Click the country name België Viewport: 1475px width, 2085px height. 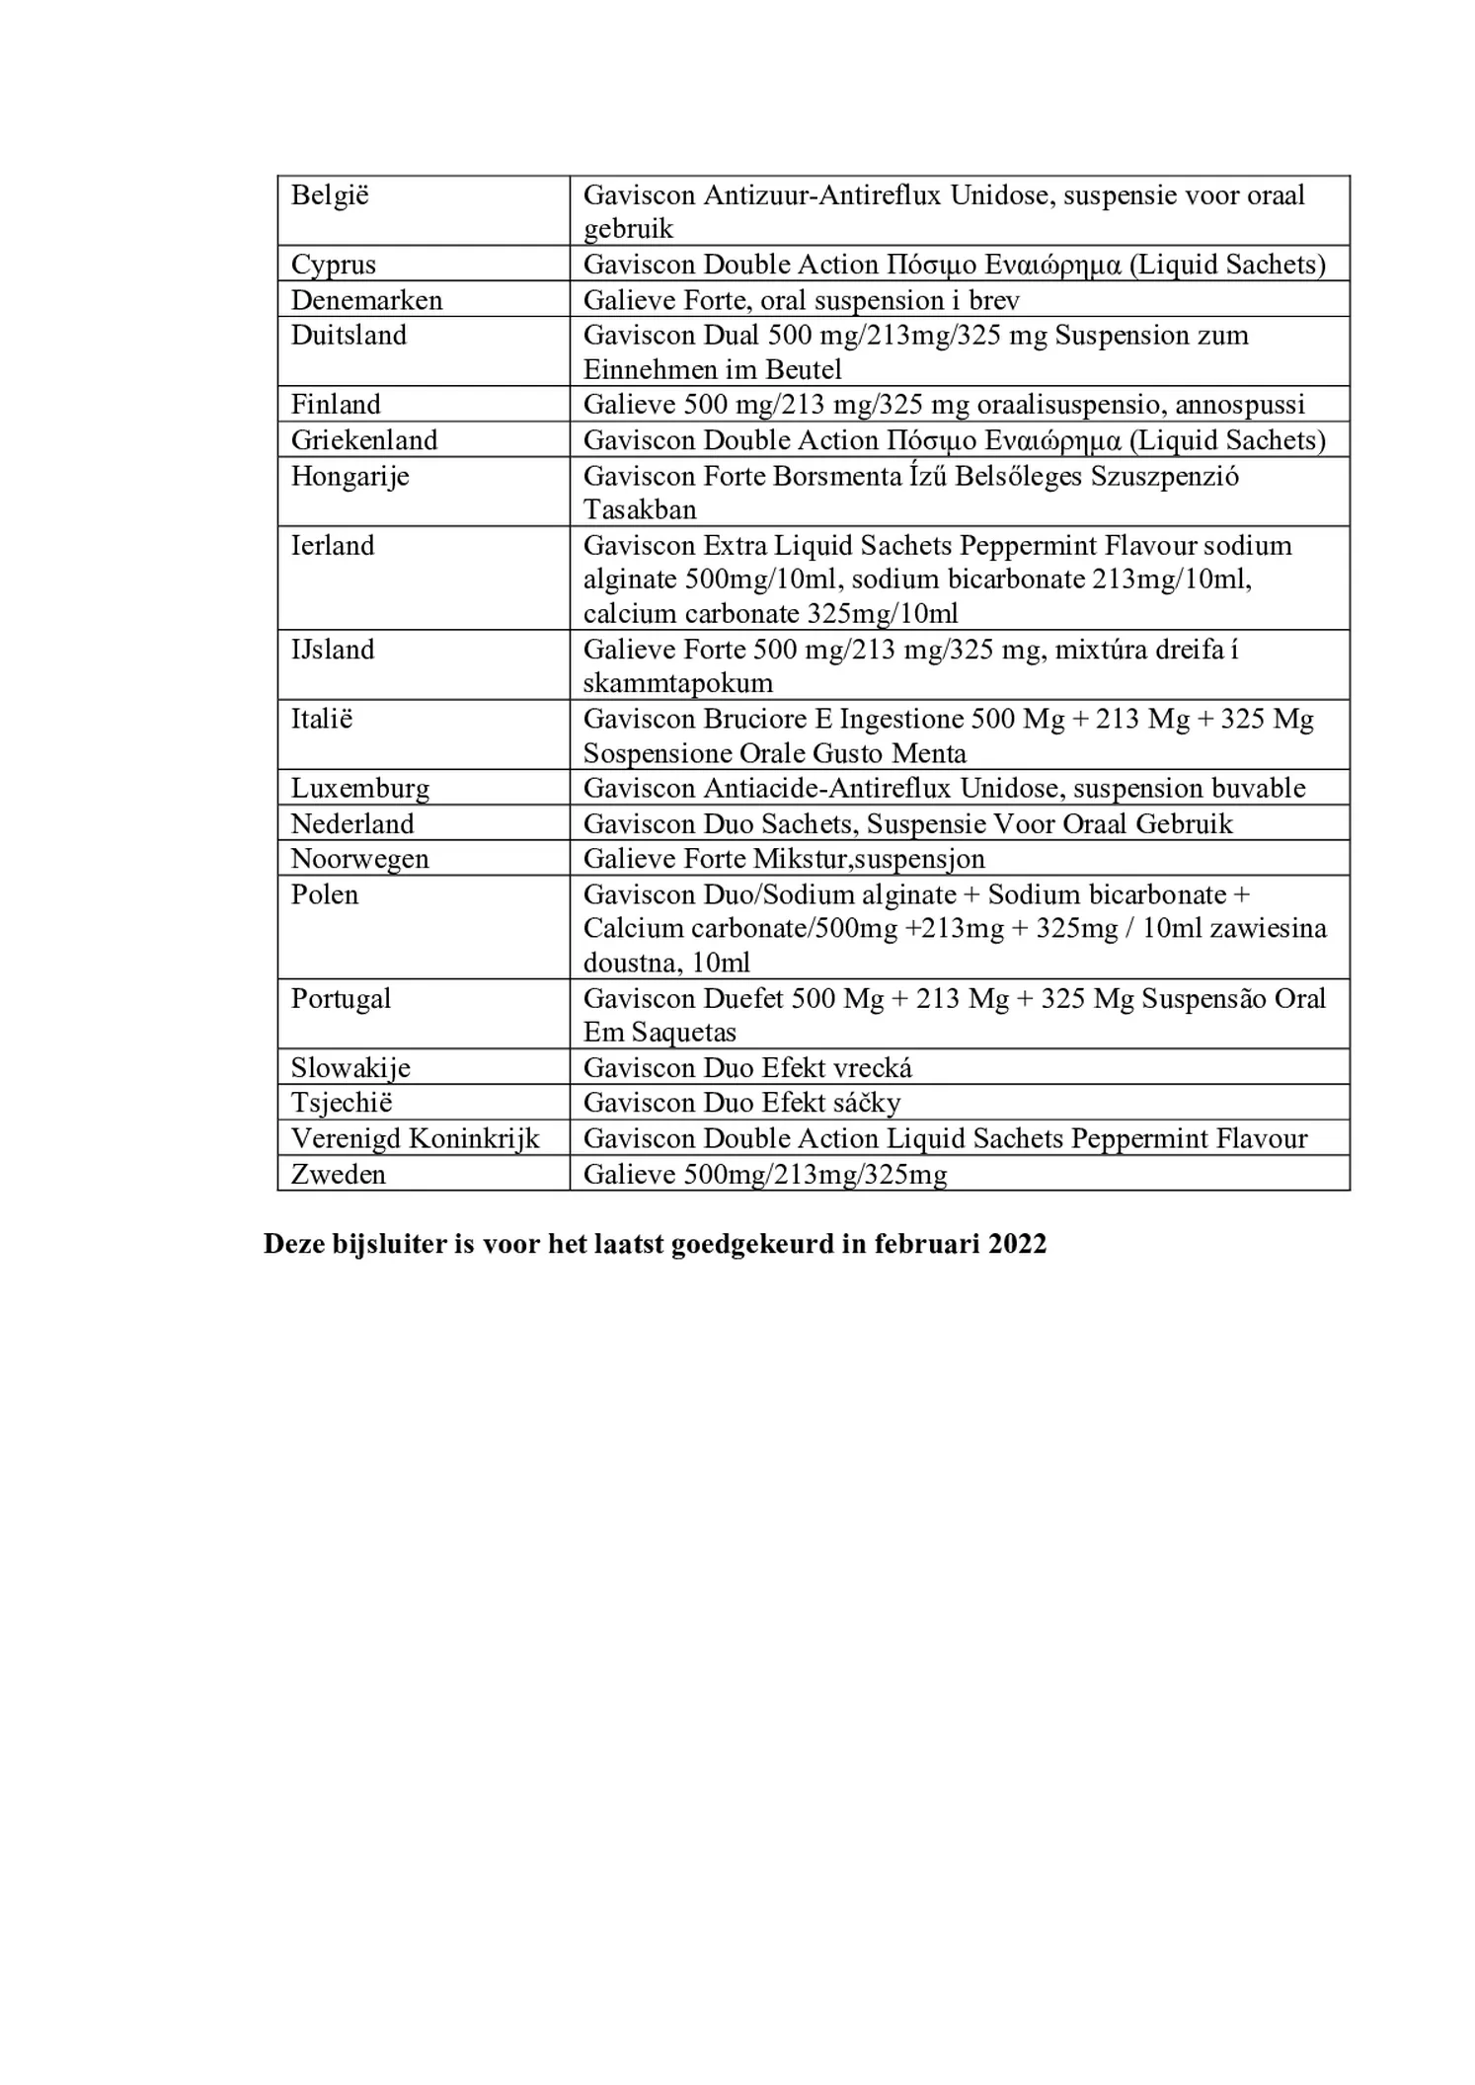pyautogui.click(x=330, y=195)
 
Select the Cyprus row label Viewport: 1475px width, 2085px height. pyautogui.click(x=333, y=265)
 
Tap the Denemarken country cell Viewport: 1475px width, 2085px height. pyautogui.click(x=366, y=300)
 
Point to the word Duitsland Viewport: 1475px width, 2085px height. pyautogui.click(x=349, y=336)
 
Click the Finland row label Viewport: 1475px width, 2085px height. pyautogui.click(x=335, y=405)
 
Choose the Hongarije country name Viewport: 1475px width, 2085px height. pyautogui.click(x=349, y=476)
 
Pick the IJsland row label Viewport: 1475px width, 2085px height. pyautogui.click(x=333, y=650)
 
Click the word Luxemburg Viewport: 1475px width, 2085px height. pyautogui.click(x=360, y=789)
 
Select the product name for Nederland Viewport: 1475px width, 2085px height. pyautogui.click(x=907, y=823)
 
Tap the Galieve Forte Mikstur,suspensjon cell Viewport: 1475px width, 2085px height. pyautogui.click(x=784, y=859)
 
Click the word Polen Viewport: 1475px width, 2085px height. pyautogui.click(x=324, y=894)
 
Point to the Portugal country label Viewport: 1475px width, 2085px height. pyautogui.click(x=341, y=998)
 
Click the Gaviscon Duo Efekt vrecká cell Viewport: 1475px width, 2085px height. pyautogui.click(x=747, y=1068)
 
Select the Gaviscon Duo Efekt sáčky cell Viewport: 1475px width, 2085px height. pyautogui.click(x=741, y=1103)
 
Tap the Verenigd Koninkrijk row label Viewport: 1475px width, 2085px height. pyautogui.click(x=415, y=1138)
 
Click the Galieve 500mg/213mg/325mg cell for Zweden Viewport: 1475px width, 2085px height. pyautogui.click(x=765, y=1174)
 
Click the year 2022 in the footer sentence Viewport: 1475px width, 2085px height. pyautogui.click(x=1017, y=1244)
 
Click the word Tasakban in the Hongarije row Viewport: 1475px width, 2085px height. pyautogui.click(x=640, y=510)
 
